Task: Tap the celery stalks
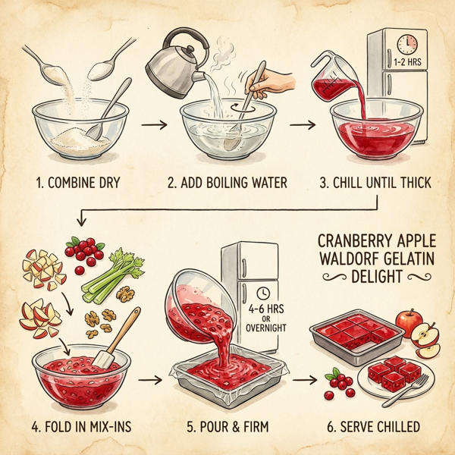[115, 276]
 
